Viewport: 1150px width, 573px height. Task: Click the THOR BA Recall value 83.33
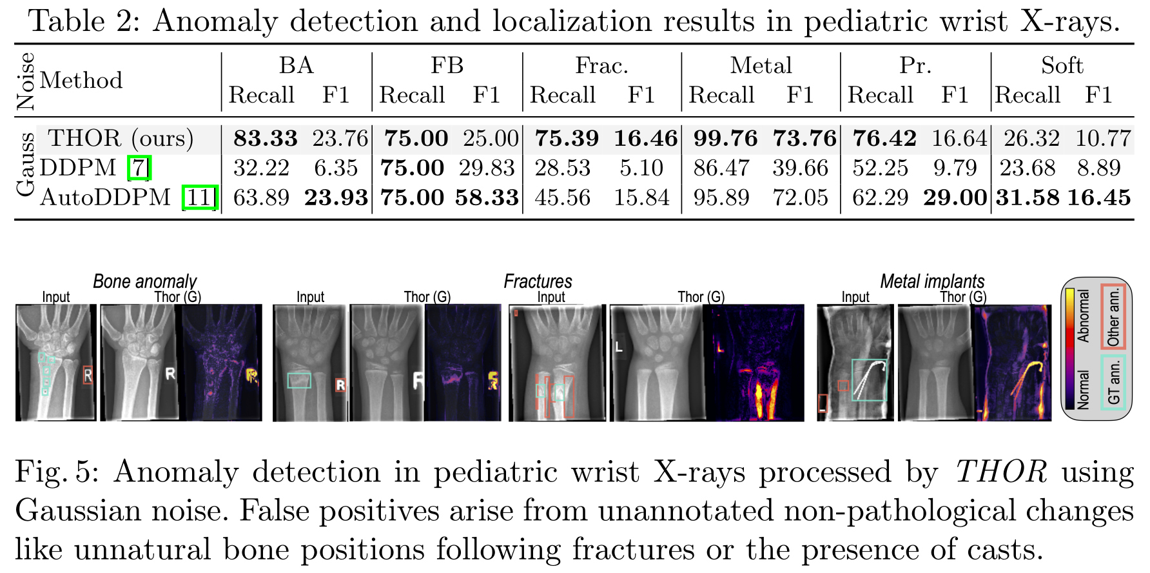point(265,138)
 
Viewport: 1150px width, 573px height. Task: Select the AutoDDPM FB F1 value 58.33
point(487,197)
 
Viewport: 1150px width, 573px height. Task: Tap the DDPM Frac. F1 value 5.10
point(641,168)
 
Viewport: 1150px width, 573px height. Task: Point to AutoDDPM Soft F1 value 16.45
point(1098,197)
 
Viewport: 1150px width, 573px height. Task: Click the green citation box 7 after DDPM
point(139,168)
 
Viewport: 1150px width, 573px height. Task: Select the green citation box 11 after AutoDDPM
point(200,197)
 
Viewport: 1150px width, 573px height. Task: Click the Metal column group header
point(761,65)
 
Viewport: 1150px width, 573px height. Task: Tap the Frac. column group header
point(601,65)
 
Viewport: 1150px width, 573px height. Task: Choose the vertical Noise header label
point(26,81)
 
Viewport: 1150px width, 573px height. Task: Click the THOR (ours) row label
point(121,138)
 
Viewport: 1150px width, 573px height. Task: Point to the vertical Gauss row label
point(26,165)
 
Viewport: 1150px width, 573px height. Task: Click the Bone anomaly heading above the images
point(144,281)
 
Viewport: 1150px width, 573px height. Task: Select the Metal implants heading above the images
point(932,281)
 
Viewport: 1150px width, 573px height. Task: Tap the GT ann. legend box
point(1113,382)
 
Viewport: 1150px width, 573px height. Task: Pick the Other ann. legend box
point(1113,317)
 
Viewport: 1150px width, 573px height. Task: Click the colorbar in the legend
point(1069,348)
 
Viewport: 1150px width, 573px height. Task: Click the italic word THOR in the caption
point(1001,472)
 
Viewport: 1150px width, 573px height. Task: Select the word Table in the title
point(66,21)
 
